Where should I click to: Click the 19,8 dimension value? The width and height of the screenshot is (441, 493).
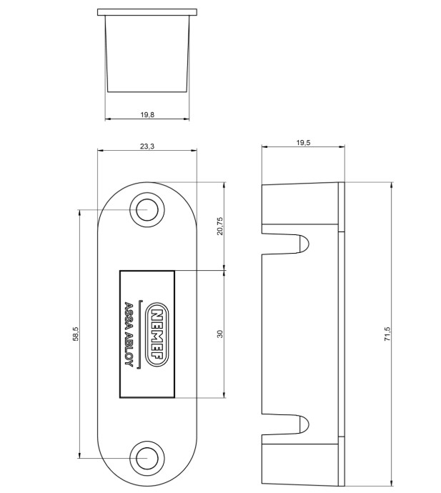pyautogui.click(x=147, y=114)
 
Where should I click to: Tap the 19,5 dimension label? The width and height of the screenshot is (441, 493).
pyautogui.click(x=303, y=143)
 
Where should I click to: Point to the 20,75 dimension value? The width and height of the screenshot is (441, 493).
pyautogui.click(x=220, y=226)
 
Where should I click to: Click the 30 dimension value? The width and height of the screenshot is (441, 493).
pyautogui.click(x=220, y=334)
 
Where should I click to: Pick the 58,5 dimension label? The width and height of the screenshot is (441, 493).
pyautogui.click(x=75, y=334)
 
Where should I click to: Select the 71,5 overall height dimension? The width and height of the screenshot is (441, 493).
pyautogui.click(x=387, y=334)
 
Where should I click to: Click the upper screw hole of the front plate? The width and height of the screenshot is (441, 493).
pyautogui.click(x=147, y=210)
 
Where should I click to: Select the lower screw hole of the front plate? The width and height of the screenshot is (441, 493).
pyautogui.click(x=147, y=457)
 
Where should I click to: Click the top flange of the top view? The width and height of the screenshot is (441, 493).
pyautogui.click(x=147, y=12)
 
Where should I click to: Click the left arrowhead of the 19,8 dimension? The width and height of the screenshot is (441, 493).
pyautogui.click(x=108, y=119)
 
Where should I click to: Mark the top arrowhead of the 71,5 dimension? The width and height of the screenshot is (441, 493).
pyautogui.click(x=391, y=185)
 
